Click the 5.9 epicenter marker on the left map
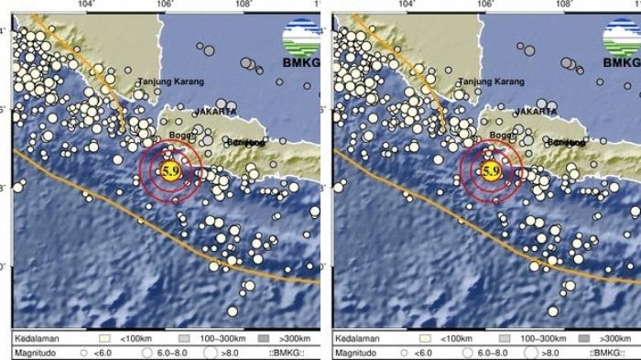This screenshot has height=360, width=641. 169,171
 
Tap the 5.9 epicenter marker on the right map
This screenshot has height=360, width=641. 490,171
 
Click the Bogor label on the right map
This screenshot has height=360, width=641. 503,136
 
